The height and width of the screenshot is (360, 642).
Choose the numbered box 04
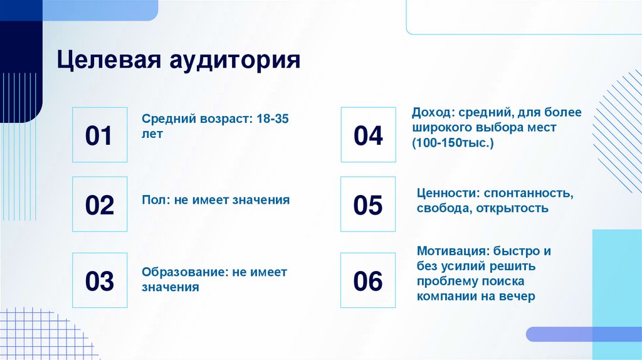368,135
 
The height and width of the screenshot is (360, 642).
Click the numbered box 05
368,204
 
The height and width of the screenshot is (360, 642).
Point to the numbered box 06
368,280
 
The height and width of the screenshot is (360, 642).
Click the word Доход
432,112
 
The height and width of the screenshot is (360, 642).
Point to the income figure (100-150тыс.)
453,144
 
